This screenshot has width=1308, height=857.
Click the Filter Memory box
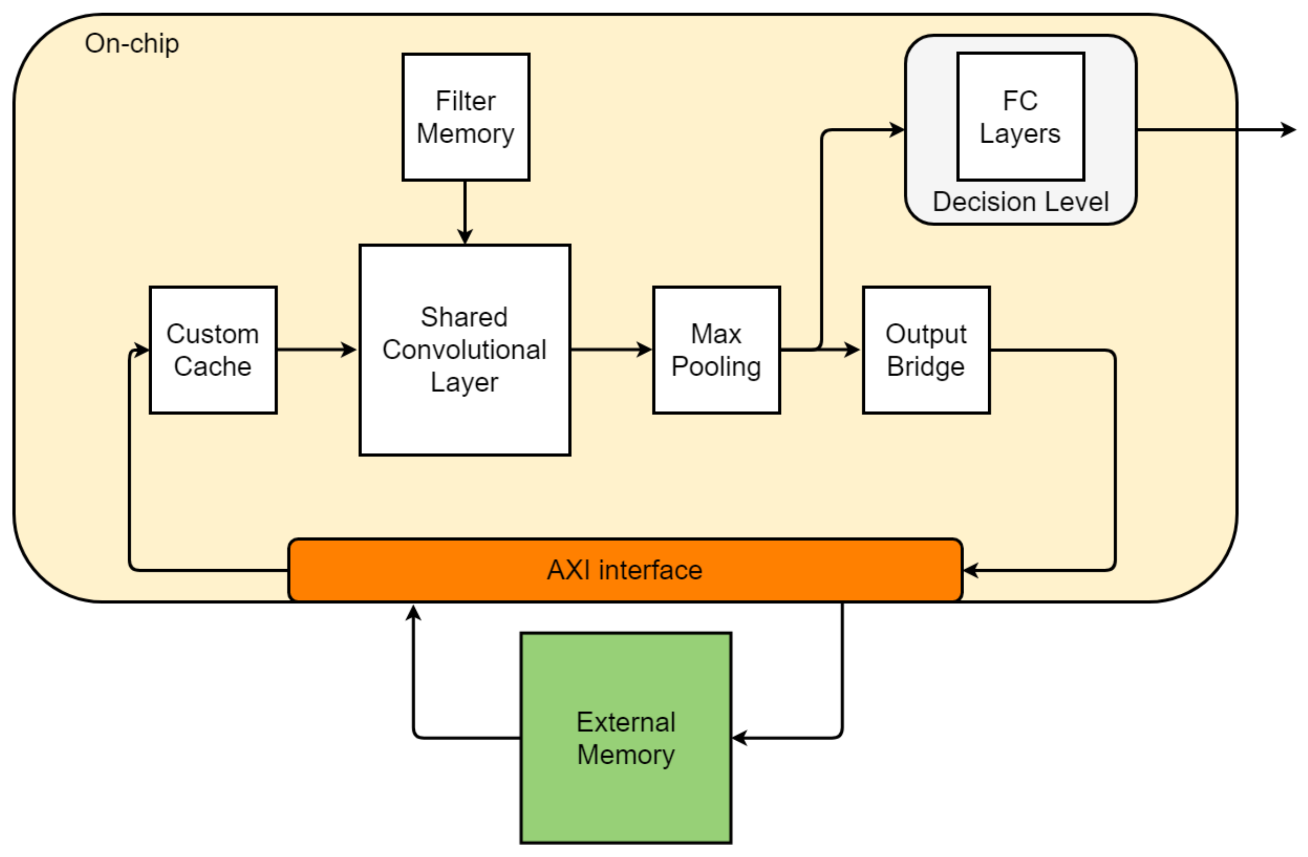pos(465,117)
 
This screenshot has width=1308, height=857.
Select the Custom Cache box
pos(213,350)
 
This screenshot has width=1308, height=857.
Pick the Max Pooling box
pos(716,350)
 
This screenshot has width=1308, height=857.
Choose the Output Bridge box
pos(926,350)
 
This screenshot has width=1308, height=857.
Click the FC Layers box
pos(1020,117)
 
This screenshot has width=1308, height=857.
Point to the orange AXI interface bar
pos(625,570)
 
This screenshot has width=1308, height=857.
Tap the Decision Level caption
pos(1020,202)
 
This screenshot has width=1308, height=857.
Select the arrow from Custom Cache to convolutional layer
pos(316,349)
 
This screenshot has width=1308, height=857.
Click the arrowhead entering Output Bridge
pos(852,349)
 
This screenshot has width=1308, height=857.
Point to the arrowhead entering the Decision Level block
pos(897,130)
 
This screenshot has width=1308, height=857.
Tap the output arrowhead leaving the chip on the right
pos(1289,130)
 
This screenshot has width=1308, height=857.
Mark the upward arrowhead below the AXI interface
pos(413,613)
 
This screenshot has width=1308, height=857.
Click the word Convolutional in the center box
pos(464,350)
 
